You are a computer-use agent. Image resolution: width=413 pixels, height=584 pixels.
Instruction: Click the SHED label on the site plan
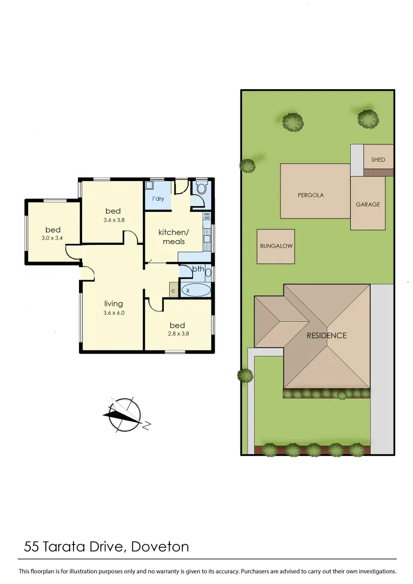pos(378,160)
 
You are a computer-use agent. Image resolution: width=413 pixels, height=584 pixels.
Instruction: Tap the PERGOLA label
pos(311,195)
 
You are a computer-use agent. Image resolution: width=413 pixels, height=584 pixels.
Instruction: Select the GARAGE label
pos(368,204)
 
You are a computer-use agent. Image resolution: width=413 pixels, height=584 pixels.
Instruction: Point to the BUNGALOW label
pos(276,246)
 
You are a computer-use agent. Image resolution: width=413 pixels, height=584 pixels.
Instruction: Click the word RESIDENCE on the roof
pos(327,335)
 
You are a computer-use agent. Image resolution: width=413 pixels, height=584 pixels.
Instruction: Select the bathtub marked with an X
pos(195,290)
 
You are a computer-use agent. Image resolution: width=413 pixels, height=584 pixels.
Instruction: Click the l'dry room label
pos(158,199)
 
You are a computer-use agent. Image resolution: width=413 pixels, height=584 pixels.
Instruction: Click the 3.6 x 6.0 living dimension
pos(114,312)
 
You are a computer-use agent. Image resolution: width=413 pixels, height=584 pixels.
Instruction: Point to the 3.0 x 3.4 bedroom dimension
pos(53,238)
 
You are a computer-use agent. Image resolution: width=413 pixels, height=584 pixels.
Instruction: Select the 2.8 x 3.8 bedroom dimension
pos(177,333)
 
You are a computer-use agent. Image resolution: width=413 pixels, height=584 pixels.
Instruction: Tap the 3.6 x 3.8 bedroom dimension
pos(114,220)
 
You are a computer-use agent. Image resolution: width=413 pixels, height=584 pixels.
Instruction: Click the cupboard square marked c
pos(173,290)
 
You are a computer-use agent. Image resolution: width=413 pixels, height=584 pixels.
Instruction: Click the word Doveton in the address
pos(161,546)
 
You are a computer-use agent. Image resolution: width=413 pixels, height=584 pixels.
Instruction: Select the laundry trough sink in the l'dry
pos(150,185)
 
